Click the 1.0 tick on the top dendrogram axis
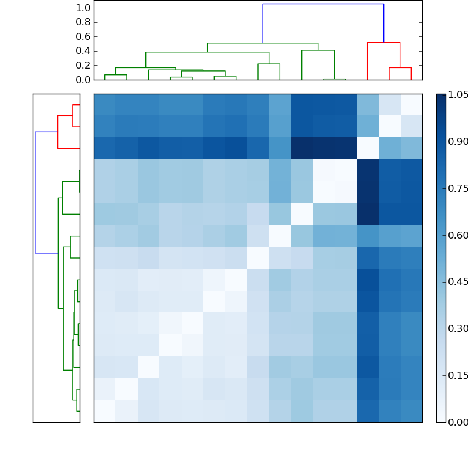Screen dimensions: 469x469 point(84,8)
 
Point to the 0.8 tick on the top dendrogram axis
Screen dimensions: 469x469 point(84,22)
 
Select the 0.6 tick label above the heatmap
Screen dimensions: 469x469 point(84,36)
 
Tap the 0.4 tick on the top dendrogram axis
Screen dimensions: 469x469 point(84,51)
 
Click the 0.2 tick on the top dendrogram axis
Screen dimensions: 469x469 point(84,65)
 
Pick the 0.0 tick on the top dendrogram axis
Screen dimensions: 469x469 point(84,80)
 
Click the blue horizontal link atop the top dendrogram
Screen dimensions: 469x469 point(323,4)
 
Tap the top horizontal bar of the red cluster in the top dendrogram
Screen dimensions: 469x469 point(383,43)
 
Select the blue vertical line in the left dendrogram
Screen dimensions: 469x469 point(35,192)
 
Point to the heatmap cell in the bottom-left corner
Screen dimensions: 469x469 point(104,411)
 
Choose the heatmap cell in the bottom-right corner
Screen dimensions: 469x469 point(411,411)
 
